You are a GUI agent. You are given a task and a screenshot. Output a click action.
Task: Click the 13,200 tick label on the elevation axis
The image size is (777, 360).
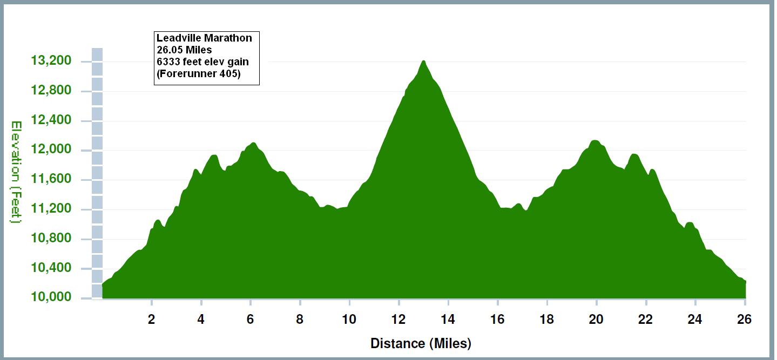coord(51,61)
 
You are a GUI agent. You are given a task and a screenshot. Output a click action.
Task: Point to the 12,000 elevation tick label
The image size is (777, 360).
coord(51,150)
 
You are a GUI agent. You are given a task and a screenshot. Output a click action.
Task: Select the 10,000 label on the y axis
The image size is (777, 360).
coord(51,298)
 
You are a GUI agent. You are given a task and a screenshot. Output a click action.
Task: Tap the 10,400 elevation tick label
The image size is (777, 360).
coord(51,268)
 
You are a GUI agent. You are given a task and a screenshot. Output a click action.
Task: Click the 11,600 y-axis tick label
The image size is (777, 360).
coord(51,180)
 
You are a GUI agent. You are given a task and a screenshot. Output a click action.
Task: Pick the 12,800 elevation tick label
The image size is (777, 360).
coord(51,91)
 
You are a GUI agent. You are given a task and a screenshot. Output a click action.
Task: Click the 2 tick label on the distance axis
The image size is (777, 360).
coord(152,320)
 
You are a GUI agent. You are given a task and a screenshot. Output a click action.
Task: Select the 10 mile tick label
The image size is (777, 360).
coord(349,320)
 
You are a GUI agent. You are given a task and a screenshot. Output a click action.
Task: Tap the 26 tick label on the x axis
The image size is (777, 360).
coord(745,320)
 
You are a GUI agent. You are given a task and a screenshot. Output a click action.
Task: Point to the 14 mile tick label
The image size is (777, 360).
coord(448,320)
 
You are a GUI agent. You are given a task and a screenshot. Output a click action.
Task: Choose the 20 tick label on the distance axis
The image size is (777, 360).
coord(596,320)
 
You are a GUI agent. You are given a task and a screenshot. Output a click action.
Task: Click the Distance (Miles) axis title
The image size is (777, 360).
coord(421,343)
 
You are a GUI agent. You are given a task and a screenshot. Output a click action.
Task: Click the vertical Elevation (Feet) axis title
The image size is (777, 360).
coord(16,172)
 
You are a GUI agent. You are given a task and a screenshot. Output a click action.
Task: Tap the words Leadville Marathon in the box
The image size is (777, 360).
coord(204,38)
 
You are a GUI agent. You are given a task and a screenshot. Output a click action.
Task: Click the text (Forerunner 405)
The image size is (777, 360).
coord(198,74)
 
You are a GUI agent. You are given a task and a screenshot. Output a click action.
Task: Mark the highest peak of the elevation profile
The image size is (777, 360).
coord(423,61)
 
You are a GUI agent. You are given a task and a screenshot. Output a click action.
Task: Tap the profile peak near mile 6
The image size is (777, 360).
coord(253,143)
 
